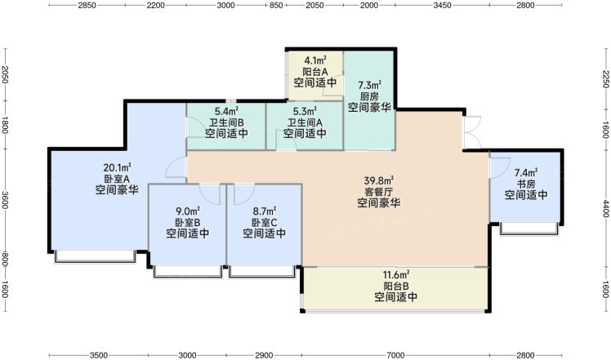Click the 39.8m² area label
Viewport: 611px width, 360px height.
(x=379, y=180)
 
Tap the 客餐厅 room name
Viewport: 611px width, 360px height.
(x=379, y=192)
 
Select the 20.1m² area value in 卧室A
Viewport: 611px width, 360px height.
(x=117, y=168)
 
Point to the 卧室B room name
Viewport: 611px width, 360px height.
(x=187, y=223)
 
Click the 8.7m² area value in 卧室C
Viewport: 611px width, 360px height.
(x=265, y=211)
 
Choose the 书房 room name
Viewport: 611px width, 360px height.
(x=526, y=184)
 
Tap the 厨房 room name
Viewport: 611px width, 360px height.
(x=369, y=96)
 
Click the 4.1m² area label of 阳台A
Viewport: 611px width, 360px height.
(x=315, y=60)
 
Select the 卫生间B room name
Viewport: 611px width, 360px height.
(x=226, y=122)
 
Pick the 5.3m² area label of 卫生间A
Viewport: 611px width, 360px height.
(x=305, y=112)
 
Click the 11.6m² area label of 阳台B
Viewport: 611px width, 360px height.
(x=396, y=274)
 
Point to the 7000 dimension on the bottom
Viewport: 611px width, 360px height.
(x=395, y=355)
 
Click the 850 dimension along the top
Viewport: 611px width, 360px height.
(x=276, y=5)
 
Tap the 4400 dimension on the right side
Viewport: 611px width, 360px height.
(x=605, y=208)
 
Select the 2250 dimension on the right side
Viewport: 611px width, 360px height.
(x=605, y=79)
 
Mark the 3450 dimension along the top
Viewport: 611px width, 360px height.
(x=442, y=5)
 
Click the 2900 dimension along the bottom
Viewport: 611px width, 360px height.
(x=264, y=355)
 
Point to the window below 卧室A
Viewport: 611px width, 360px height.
(x=95, y=256)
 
